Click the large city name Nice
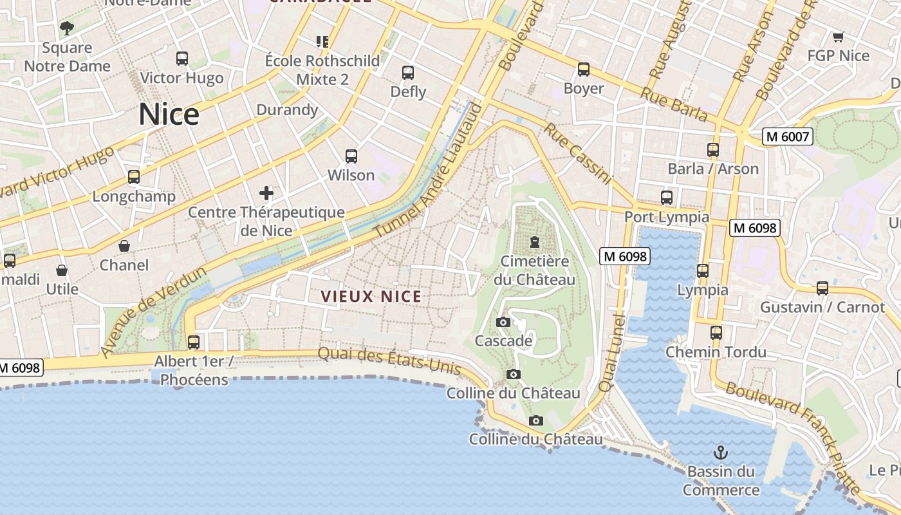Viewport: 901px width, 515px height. pos(169,115)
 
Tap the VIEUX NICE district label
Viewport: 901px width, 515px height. pos(371,297)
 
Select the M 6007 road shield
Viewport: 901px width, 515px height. pos(788,136)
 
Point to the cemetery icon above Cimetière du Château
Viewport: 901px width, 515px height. pos(534,242)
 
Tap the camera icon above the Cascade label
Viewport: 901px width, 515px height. pos(503,322)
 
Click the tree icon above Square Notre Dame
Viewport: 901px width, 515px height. pos(66,28)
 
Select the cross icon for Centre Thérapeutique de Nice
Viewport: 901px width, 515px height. pos(266,192)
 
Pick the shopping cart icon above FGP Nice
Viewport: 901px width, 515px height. pos(838,37)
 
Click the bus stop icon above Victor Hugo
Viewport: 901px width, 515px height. pos(182,59)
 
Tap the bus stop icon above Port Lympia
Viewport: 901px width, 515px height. pos(667,198)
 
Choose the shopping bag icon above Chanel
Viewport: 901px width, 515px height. pos(124,246)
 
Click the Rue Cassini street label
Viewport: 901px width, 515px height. pos(577,153)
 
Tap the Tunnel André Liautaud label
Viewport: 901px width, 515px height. pos(427,170)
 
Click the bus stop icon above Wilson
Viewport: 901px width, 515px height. pos(351,156)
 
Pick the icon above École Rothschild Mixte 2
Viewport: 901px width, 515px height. pos(322,42)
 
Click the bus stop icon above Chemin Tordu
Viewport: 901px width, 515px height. pos(716,333)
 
